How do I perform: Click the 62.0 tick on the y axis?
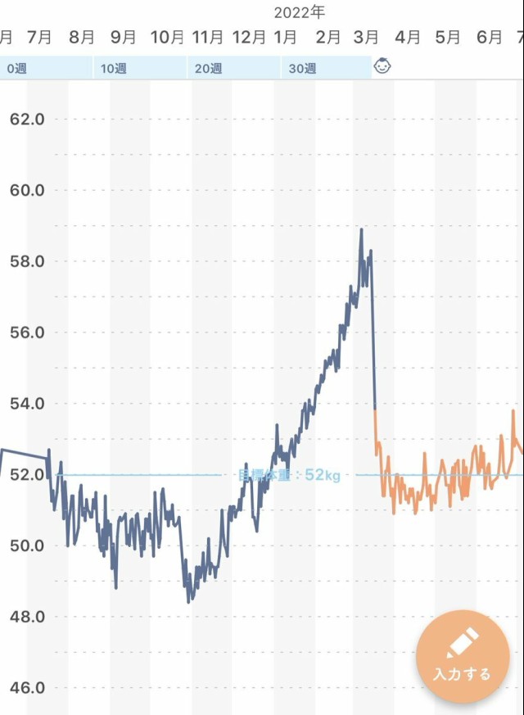[x=27, y=119]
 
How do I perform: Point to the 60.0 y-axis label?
[x=27, y=190]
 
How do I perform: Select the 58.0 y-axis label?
[x=27, y=261]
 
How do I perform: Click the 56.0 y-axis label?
[x=27, y=333]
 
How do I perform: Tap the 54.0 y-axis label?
[x=27, y=404]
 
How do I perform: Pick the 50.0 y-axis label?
[x=27, y=545]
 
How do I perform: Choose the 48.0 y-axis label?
[x=27, y=617]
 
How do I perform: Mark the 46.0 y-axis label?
[x=27, y=688]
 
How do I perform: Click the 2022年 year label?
[x=299, y=11]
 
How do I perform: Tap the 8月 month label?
[x=82, y=37]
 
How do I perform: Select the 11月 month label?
[x=207, y=37]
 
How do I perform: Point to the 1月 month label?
[x=285, y=37]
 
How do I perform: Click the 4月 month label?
[x=408, y=37]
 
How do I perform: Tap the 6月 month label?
[x=489, y=37]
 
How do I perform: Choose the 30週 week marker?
[x=302, y=68]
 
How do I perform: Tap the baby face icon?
[x=382, y=66]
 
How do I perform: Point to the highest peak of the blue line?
[x=361, y=230]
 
